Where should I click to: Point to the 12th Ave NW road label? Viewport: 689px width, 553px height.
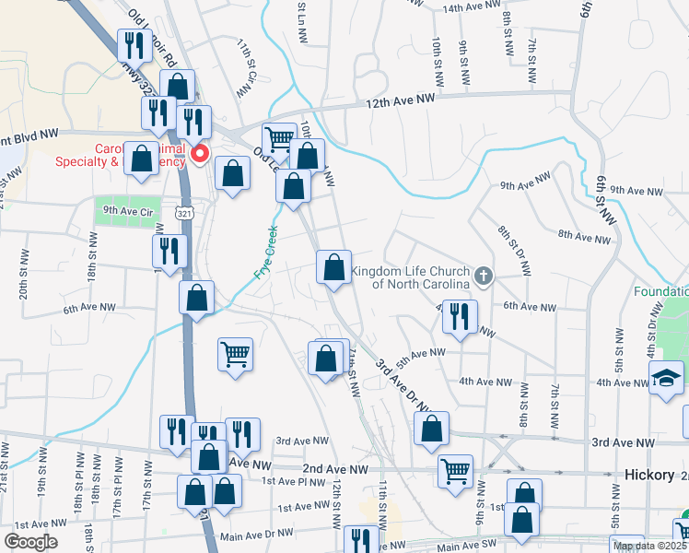tap(401, 100)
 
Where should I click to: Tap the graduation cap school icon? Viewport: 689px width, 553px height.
tap(665, 378)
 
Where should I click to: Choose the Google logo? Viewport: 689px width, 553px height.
tap(30, 542)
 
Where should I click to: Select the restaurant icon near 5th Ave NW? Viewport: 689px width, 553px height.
tap(459, 315)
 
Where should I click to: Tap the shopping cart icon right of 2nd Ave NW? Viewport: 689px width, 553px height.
tap(455, 470)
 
